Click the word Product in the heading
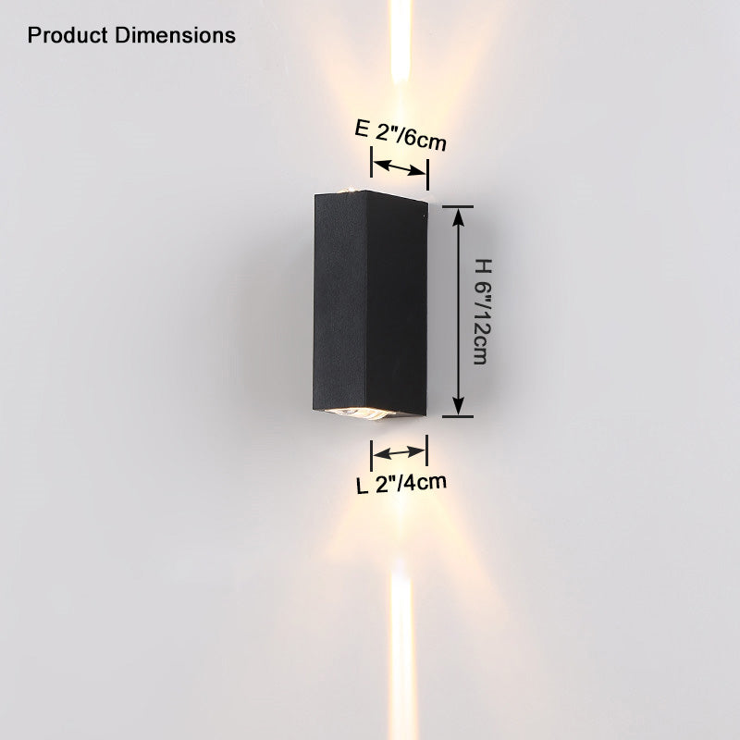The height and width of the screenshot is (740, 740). [68, 35]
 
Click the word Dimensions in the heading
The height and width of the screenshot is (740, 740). [175, 35]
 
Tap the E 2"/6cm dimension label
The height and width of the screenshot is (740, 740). [401, 135]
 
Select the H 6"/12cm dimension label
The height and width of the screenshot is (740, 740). [482, 312]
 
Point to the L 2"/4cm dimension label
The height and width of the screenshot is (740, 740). [401, 484]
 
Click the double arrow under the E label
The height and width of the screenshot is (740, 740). [400, 167]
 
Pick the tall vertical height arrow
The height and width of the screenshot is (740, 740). [458, 312]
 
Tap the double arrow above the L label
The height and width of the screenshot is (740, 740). [400, 452]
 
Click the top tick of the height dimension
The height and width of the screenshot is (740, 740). [458, 206]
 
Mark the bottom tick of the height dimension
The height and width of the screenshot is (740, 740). [458, 417]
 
